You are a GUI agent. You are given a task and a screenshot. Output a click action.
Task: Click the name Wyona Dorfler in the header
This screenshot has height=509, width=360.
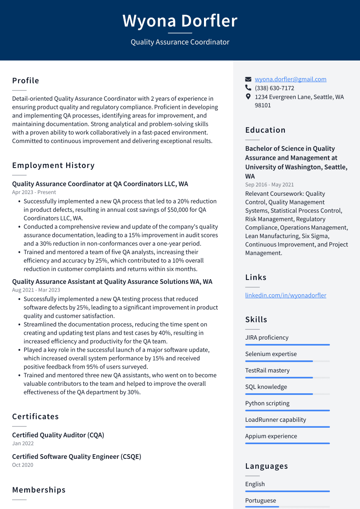coord(180,21)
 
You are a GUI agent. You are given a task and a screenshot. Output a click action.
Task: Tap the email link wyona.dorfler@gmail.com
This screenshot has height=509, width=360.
coord(290,79)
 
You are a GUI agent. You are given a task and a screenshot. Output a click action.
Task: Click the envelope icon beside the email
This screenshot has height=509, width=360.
coord(248,80)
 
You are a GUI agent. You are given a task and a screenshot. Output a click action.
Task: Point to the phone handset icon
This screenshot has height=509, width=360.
coord(248,88)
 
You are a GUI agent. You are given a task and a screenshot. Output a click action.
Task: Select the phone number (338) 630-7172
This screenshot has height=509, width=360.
coord(274,88)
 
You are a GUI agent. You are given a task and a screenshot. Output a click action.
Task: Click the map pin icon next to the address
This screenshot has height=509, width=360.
coord(248,97)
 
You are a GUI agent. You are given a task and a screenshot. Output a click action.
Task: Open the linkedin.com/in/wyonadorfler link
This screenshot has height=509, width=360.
coord(286,295)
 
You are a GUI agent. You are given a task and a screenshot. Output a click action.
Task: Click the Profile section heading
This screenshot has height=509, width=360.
coord(25,81)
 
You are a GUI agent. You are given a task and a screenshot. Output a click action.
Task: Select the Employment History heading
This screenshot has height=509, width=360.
coord(53,165)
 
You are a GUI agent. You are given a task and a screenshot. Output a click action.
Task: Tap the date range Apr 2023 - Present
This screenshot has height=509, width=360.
coord(34,192)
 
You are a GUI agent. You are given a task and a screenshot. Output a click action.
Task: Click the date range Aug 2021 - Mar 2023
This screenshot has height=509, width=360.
coord(36,290)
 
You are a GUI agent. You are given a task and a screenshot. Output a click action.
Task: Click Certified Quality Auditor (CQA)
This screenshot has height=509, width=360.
coord(58,435)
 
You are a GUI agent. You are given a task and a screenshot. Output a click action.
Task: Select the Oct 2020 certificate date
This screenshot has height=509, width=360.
coord(22,465)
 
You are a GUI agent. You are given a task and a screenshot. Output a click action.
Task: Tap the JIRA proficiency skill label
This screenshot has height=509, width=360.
coord(267,337)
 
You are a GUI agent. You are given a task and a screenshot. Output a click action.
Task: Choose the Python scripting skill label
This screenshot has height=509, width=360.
coord(267,403)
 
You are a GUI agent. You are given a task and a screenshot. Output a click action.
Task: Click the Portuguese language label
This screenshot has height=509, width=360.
coord(260,500)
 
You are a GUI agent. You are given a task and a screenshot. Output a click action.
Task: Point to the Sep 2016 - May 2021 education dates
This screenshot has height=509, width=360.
coord(269,185)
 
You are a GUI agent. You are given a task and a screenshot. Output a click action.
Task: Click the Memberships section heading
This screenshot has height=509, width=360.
coord(39,490)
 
